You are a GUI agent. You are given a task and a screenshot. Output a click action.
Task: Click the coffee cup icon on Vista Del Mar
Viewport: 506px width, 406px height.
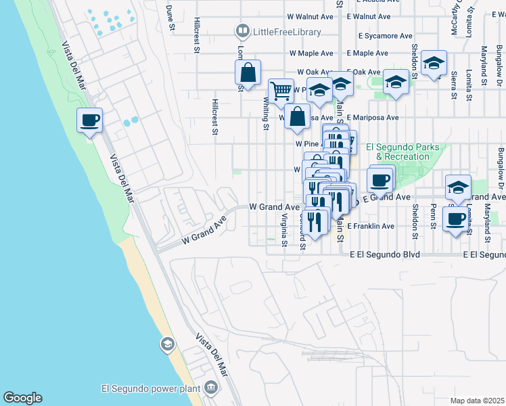pos(89,121)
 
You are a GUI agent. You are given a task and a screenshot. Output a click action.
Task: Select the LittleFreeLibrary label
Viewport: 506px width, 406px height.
pos(285,31)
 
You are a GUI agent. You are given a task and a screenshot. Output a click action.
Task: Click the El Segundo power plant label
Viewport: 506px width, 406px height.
pos(150,388)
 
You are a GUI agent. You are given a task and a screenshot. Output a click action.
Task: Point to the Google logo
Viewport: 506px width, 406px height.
pos(22,398)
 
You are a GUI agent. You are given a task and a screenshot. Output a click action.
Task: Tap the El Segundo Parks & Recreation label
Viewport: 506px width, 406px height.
pos(402,152)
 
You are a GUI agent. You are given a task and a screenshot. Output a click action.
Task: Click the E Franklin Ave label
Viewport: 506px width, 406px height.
pos(371,226)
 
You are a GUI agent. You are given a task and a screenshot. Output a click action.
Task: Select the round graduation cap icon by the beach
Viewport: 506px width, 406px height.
pos(166,346)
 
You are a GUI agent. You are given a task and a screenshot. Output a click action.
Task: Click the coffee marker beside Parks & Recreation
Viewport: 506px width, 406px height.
pos(380,180)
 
